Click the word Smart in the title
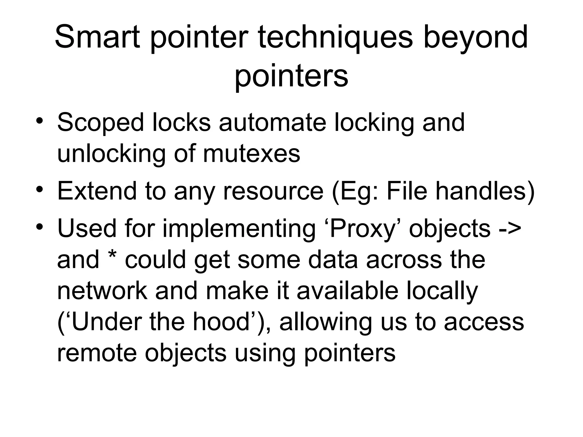click(x=97, y=37)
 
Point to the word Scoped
click(x=101, y=123)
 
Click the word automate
click(x=272, y=123)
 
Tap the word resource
click(x=273, y=191)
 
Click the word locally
click(x=442, y=292)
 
